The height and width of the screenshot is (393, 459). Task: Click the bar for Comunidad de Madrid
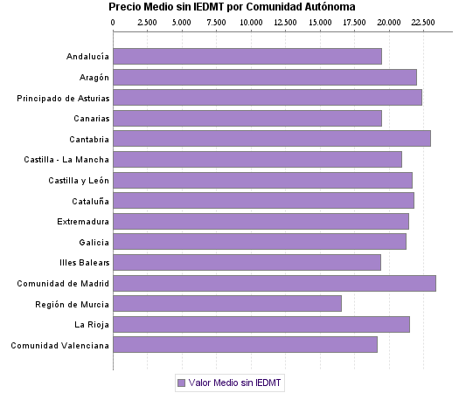275,283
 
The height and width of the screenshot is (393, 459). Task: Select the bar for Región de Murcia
227,304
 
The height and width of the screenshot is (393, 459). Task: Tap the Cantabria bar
272,138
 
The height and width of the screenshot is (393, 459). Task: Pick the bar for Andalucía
247,56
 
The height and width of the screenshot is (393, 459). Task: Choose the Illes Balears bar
247,262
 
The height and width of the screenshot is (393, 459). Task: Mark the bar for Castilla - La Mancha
258,159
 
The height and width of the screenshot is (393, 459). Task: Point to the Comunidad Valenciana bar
246,345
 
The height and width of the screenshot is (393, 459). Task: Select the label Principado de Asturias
63,98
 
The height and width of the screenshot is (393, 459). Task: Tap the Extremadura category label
83,221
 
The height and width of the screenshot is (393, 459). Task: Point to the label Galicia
94,242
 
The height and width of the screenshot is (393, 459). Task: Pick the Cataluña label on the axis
88,201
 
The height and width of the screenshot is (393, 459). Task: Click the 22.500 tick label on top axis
423,21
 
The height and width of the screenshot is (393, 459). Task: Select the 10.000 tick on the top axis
251,21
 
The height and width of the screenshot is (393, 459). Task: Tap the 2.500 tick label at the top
148,21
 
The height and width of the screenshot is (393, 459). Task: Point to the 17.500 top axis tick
354,21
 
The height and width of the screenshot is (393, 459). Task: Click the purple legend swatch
182,383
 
